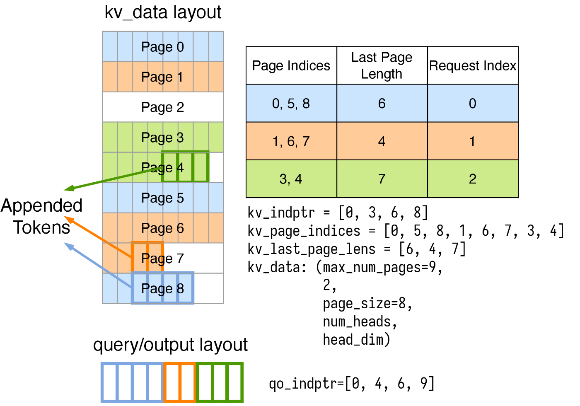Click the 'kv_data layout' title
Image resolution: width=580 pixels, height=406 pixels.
[163, 13]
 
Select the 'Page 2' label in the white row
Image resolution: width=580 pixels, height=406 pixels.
[162, 107]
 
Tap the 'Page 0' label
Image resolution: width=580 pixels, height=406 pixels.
[162, 47]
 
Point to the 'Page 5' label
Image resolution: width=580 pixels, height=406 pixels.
[162, 198]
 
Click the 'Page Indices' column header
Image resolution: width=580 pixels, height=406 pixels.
[291, 65]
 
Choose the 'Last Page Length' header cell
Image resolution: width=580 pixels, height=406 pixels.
[382, 65]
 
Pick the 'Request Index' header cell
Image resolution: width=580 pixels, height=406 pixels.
[473, 65]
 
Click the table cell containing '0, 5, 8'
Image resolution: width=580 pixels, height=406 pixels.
[291, 103]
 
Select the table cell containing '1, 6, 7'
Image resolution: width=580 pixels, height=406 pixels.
[291, 141]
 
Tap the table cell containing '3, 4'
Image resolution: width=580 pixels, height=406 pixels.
[291, 179]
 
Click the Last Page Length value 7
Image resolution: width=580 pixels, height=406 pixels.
[382, 179]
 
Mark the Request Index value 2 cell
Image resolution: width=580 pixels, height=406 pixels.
[473, 179]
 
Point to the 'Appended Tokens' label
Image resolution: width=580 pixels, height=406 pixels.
[41, 216]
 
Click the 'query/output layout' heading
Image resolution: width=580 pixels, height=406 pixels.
[170, 345]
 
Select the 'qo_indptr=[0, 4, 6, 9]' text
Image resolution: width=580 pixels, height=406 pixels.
[352, 384]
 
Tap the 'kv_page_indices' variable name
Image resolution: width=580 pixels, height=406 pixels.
[304, 231]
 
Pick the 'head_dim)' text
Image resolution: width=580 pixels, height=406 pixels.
[357, 340]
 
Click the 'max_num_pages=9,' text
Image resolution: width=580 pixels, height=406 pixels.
[383, 267]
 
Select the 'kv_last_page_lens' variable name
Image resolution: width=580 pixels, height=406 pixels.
[311, 249]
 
